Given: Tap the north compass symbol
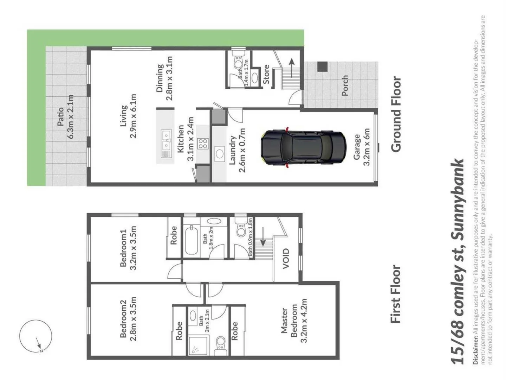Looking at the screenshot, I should click(x=35, y=336).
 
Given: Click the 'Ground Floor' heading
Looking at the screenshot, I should click(x=396, y=114).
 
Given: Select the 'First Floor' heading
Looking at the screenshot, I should click(x=396, y=294).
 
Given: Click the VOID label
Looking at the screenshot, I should click(x=286, y=259).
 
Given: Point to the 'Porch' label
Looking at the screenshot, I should click(x=345, y=85).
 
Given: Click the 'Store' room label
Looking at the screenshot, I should click(x=266, y=75).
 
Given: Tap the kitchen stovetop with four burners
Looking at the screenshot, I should click(x=203, y=144).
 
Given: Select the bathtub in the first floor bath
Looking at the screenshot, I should click(x=192, y=240).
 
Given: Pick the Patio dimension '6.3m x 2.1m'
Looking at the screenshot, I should click(x=70, y=116).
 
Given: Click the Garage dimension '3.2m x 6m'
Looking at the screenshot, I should click(x=366, y=147).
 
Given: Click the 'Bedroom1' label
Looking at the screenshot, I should click(x=123, y=248).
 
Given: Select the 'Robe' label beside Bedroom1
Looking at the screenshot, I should click(x=174, y=236).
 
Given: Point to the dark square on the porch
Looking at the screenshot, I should click(x=322, y=66).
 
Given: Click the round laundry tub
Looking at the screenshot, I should click(x=220, y=154).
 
